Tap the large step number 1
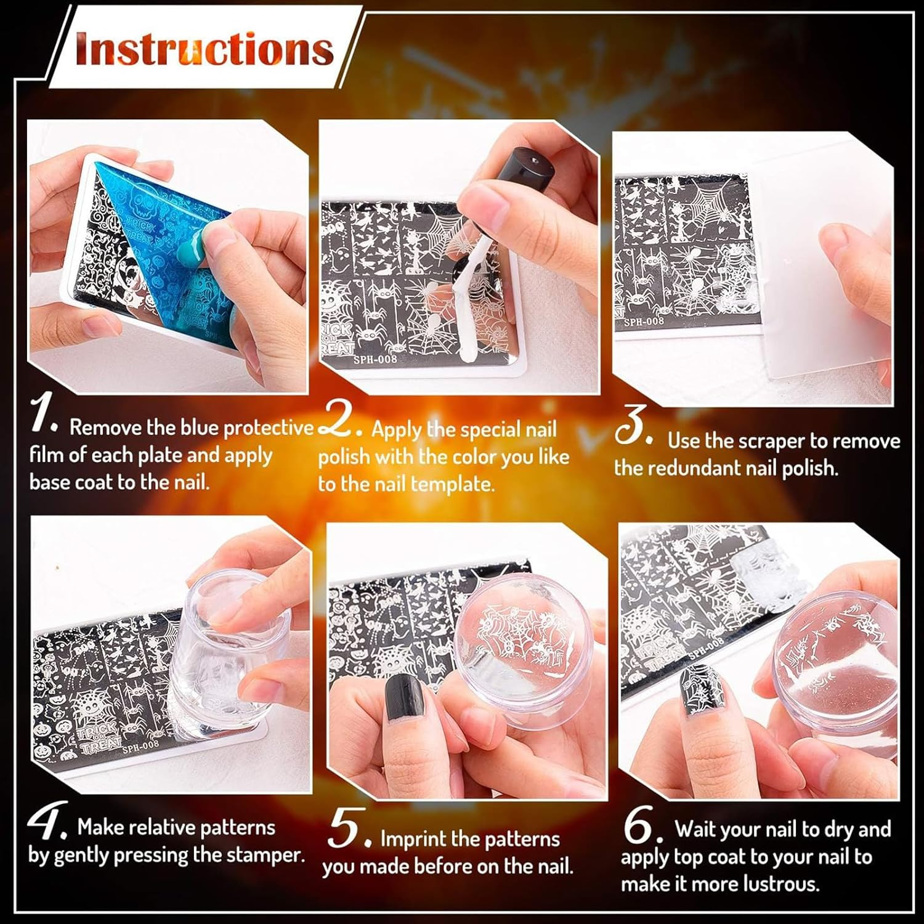pyautogui.click(x=44, y=415)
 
